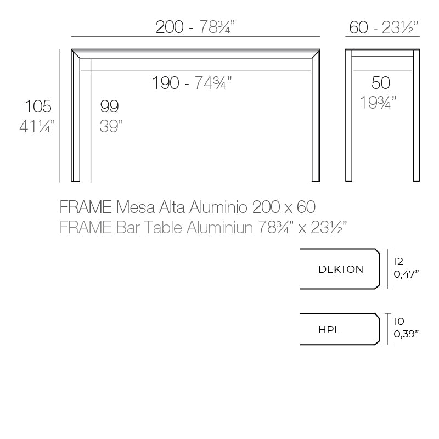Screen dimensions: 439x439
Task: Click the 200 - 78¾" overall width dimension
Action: [x=199, y=27]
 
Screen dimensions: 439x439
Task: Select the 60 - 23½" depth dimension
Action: [x=384, y=27]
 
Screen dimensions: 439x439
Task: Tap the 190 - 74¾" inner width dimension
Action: [x=192, y=83]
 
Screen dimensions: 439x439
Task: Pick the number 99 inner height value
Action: [x=109, y=106]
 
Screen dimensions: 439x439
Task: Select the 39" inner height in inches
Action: [x=111, y=126]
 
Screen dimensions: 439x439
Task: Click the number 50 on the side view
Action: [x=381, y=83]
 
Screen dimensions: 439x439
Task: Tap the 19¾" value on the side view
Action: [x=379, y=102]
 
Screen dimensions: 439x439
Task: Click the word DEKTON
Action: [x=340, y=269]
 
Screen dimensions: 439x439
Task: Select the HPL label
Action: [x=329, y=330]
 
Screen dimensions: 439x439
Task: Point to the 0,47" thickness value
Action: [x=407, y=274]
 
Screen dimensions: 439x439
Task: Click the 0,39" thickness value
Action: [x=407, y=334]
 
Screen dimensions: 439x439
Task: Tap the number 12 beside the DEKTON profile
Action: [x=399, y=262]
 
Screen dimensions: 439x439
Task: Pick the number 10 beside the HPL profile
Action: [x=399, y=322]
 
